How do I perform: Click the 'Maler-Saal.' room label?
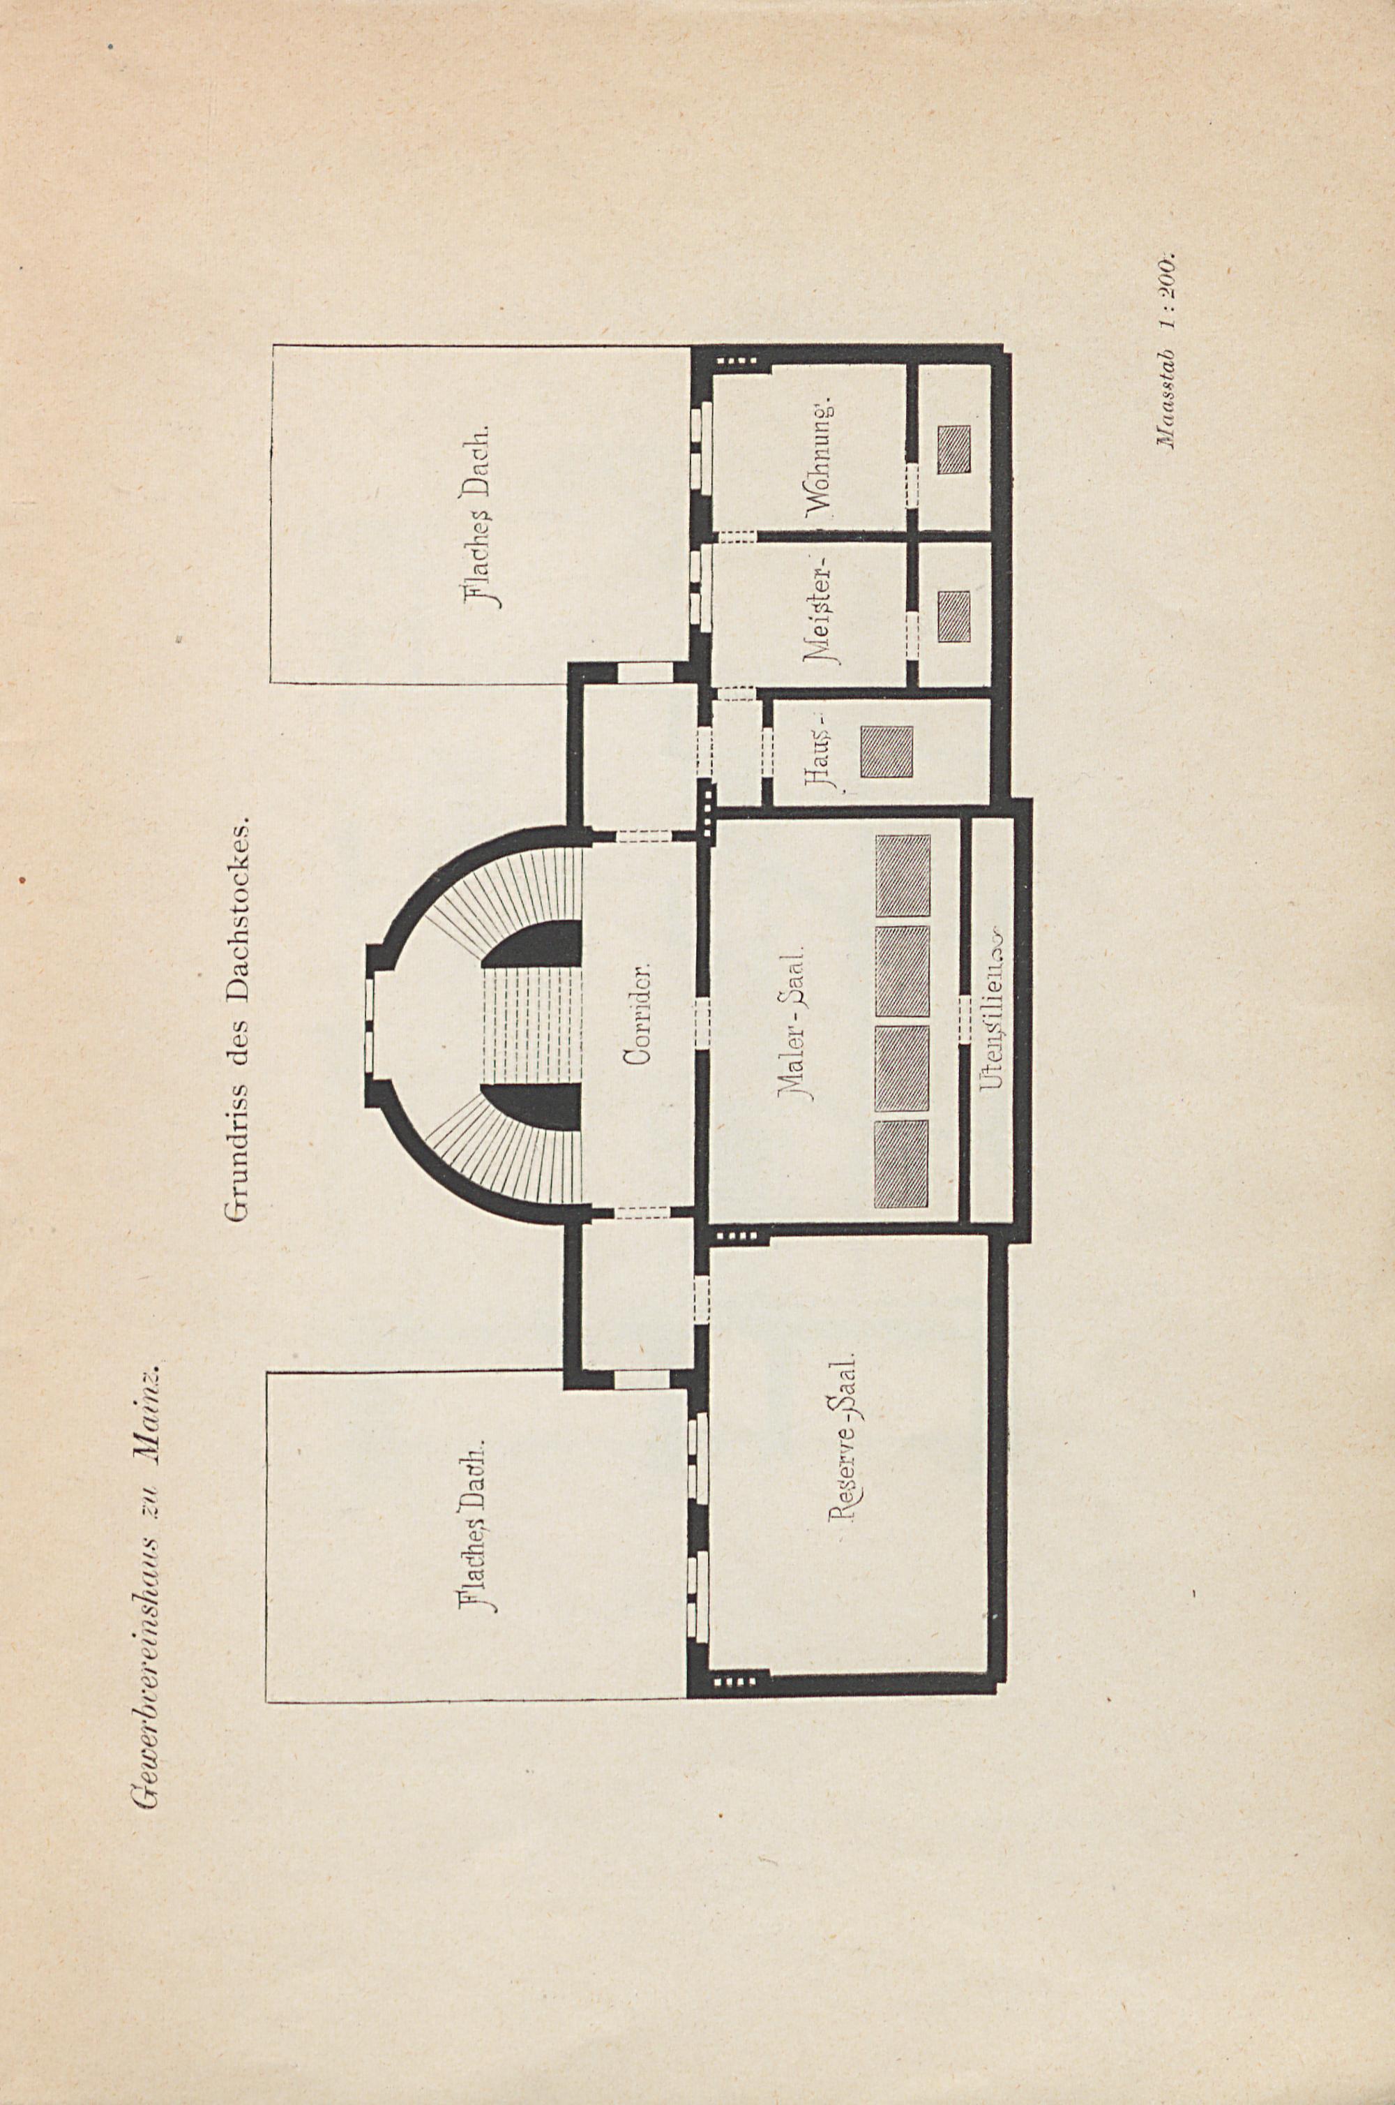click(792, 1025)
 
